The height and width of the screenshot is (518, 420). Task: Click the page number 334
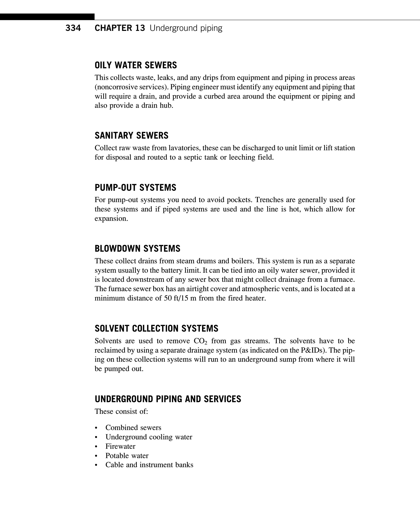click(x=73, y=28)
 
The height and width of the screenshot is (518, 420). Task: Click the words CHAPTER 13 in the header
click(x=120, y=28)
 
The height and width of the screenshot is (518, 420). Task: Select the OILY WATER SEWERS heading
click(x=136, y=65)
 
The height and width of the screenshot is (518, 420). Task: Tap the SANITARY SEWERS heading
click(x=131, y=136)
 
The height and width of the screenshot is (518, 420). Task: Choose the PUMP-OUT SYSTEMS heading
click(x=135, y=188)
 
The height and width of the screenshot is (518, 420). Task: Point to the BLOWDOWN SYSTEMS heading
click(x=137, y=249)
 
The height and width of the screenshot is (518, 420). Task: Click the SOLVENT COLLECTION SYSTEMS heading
click(x=156, y=329)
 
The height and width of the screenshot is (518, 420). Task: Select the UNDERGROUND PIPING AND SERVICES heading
click(x=168, y=399)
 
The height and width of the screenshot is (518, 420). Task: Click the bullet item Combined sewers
click(x=133, y=428)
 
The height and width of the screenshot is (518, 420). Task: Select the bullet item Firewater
click(x=120, y=446)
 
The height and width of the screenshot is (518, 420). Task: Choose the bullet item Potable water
click(x=127, y=456)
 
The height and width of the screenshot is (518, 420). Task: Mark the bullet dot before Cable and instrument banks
click(x=96, y=465)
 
